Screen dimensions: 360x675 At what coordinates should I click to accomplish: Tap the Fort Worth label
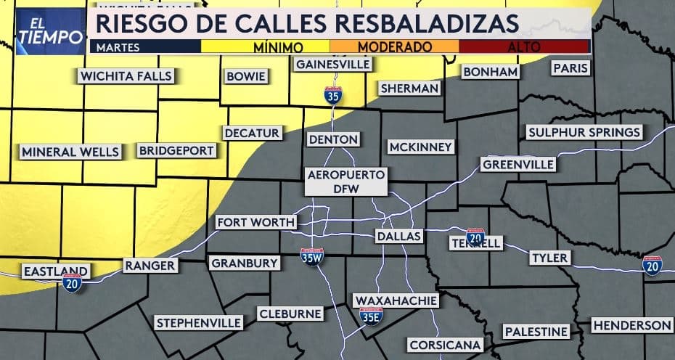(x=255, y=222)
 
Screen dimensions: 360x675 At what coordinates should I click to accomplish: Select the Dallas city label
(x=398, y=237)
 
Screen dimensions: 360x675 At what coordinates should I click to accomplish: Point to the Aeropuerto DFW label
(x=345, y=181)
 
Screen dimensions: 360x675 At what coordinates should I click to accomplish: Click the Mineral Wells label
(x=70, y=152)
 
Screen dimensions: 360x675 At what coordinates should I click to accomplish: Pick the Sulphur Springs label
(x=584, y=132)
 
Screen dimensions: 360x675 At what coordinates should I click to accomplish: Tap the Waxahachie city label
(x=396, y=300)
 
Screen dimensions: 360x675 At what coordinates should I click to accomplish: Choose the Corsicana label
(x=445, y=344)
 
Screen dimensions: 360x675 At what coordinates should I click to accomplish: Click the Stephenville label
(x=198, y=322)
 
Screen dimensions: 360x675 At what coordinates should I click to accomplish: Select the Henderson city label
(x=631, y=325)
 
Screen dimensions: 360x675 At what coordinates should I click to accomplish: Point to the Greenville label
(x=518, y=165)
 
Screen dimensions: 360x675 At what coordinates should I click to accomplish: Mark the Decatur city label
(x=252, y=133)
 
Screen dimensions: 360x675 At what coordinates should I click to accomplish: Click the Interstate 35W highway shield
(x=312, y=256)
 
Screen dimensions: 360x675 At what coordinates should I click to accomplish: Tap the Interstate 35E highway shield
(x=371, y=315)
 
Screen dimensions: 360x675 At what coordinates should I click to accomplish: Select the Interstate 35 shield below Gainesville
(x=334, y=95)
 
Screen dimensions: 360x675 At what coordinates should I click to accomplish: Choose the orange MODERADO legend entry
(x=395, y=46)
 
